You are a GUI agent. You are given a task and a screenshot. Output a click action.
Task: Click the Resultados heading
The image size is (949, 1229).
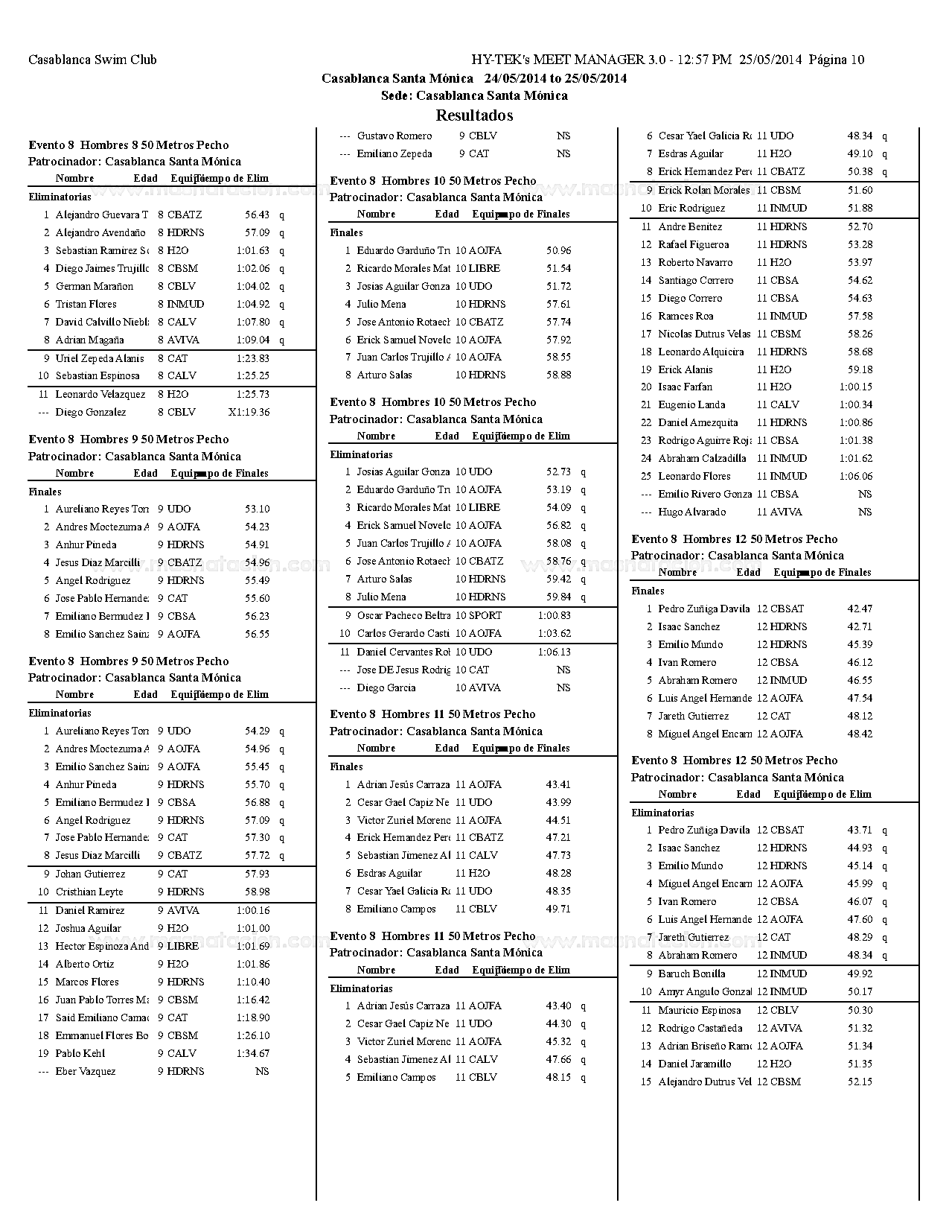point(474,115)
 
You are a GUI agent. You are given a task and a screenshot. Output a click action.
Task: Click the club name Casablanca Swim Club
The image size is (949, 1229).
point(92,60)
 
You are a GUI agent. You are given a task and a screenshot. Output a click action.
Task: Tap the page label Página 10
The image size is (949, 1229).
point(837,60)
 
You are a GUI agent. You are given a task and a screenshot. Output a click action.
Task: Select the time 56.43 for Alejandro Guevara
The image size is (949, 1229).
point(258,215)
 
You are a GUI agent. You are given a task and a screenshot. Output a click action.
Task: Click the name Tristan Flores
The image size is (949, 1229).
point(86,304)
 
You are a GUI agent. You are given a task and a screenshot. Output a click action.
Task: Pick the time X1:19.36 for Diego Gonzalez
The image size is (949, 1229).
point(249,412)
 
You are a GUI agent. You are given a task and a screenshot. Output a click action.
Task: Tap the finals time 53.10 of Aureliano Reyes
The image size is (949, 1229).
point(258,509)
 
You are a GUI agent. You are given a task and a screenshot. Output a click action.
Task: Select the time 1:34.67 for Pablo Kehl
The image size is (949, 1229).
point(253,1053)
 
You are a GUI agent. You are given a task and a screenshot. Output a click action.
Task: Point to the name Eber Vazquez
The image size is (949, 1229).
point(86,1071)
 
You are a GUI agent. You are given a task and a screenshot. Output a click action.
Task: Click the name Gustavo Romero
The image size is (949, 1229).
point(394,136)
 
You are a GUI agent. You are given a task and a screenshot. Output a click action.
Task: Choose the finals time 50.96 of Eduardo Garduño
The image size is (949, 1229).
point(559,250)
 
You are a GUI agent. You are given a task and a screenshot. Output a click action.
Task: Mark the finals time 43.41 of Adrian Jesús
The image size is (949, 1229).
point(559,784)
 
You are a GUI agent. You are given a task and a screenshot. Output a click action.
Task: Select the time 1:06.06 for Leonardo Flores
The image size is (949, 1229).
point(856,476)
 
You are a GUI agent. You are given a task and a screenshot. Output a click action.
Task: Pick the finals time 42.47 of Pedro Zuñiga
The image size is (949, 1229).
point(860,609)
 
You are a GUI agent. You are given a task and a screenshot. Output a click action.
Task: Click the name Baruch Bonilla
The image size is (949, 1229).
point(691,974)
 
